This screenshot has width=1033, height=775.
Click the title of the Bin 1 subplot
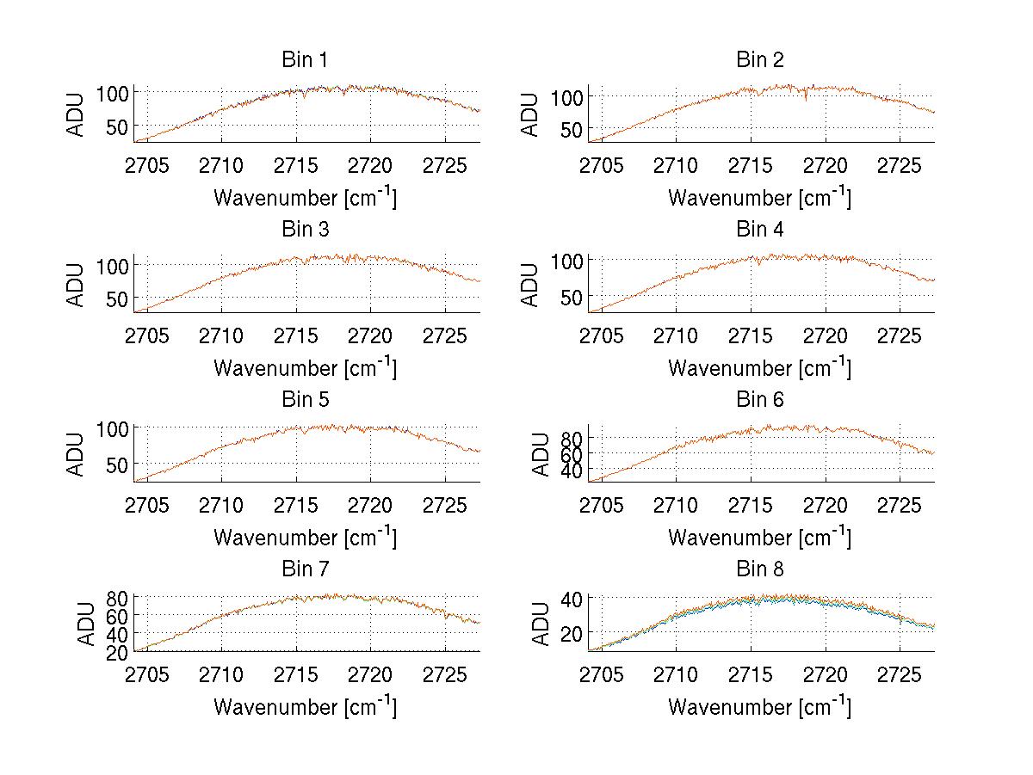click(x=305, y=60)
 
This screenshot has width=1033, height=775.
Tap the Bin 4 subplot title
click(x=759, y=230)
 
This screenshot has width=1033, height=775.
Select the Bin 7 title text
click(x=305, y=569)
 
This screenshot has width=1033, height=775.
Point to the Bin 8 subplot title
click(x=759, y=569)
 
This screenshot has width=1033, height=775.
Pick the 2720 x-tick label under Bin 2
click(x=826, y=165)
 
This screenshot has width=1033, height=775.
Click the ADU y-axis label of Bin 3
click(x=77, y=285)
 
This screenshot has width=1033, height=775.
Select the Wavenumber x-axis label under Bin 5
click(x=305, y=537)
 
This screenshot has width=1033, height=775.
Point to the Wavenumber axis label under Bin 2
click(x=759, y=197)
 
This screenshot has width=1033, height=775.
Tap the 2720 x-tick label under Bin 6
click(x=826, y=505)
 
